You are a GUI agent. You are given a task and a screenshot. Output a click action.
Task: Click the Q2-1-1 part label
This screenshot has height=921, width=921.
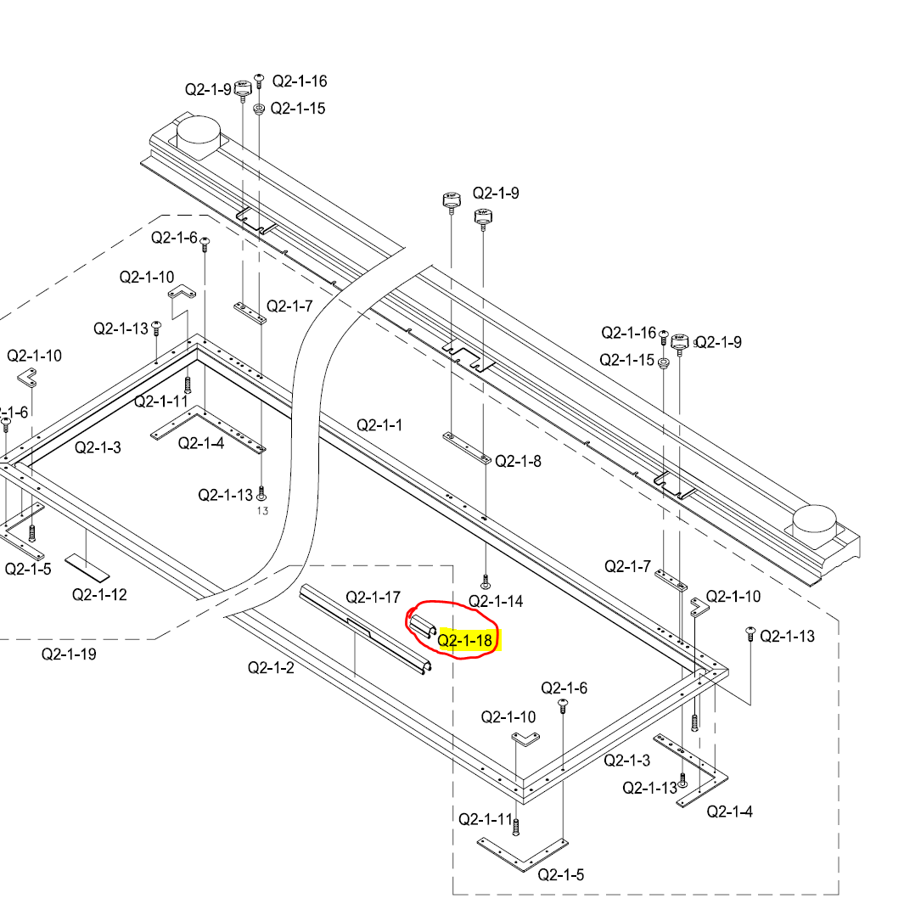pyautogui.click(x=379, y=424)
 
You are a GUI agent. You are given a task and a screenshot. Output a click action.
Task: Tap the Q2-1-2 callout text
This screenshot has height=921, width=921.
pyautogui.click(x=271, y=667)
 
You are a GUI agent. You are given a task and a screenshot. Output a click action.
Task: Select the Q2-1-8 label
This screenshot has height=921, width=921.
pyautogui.click(x=518, y=461)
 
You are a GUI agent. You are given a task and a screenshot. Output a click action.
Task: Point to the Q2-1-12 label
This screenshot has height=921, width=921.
pyautogui.click(x=99, y=594)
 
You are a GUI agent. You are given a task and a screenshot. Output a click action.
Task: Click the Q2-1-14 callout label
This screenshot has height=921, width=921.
pyautogui.click(x=497, y=602)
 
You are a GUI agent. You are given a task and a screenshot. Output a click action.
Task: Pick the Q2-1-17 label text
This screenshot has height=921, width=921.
pyautogui.click(x=373, y=597)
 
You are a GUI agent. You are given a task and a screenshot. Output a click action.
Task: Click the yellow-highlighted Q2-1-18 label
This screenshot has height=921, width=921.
pyautogui.click(x=465, y=640)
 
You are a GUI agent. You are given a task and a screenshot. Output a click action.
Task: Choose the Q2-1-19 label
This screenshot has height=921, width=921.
pyautogui.click(x=69, y=654)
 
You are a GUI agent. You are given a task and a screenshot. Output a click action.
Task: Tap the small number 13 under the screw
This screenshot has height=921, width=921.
pyautogui.click(x=261, y=511)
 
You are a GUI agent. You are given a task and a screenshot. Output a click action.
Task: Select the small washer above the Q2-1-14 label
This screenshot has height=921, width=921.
pyautogui.click(x=485, y=584)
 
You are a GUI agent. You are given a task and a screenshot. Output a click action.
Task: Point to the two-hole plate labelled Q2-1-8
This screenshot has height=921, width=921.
pyautogui.click(x=466, y=447)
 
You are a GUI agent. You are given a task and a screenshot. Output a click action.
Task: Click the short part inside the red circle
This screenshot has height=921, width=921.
pyautogui.click(x=423, y=626)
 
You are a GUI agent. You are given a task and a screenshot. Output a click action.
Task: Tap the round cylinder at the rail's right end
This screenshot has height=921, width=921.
pyautogui.click(x=814, y=519)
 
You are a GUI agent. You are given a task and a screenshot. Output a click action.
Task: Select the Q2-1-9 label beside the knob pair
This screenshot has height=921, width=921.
pyautogui.click(x=496, y=193)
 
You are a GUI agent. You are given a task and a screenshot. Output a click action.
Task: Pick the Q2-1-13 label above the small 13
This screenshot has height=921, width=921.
pyautogui.click(x=226, y=495)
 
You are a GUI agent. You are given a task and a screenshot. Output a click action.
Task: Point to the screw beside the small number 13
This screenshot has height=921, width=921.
pyautogui.click(x=261, y=491)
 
